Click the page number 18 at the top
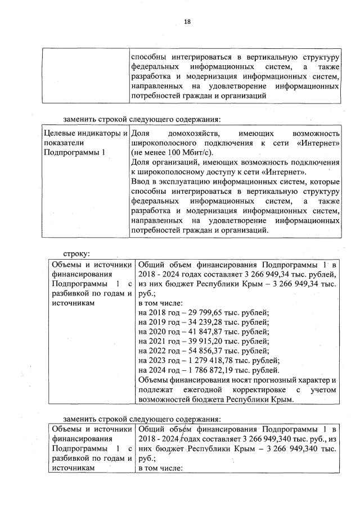click(187, 22)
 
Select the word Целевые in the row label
click(60, 134)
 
